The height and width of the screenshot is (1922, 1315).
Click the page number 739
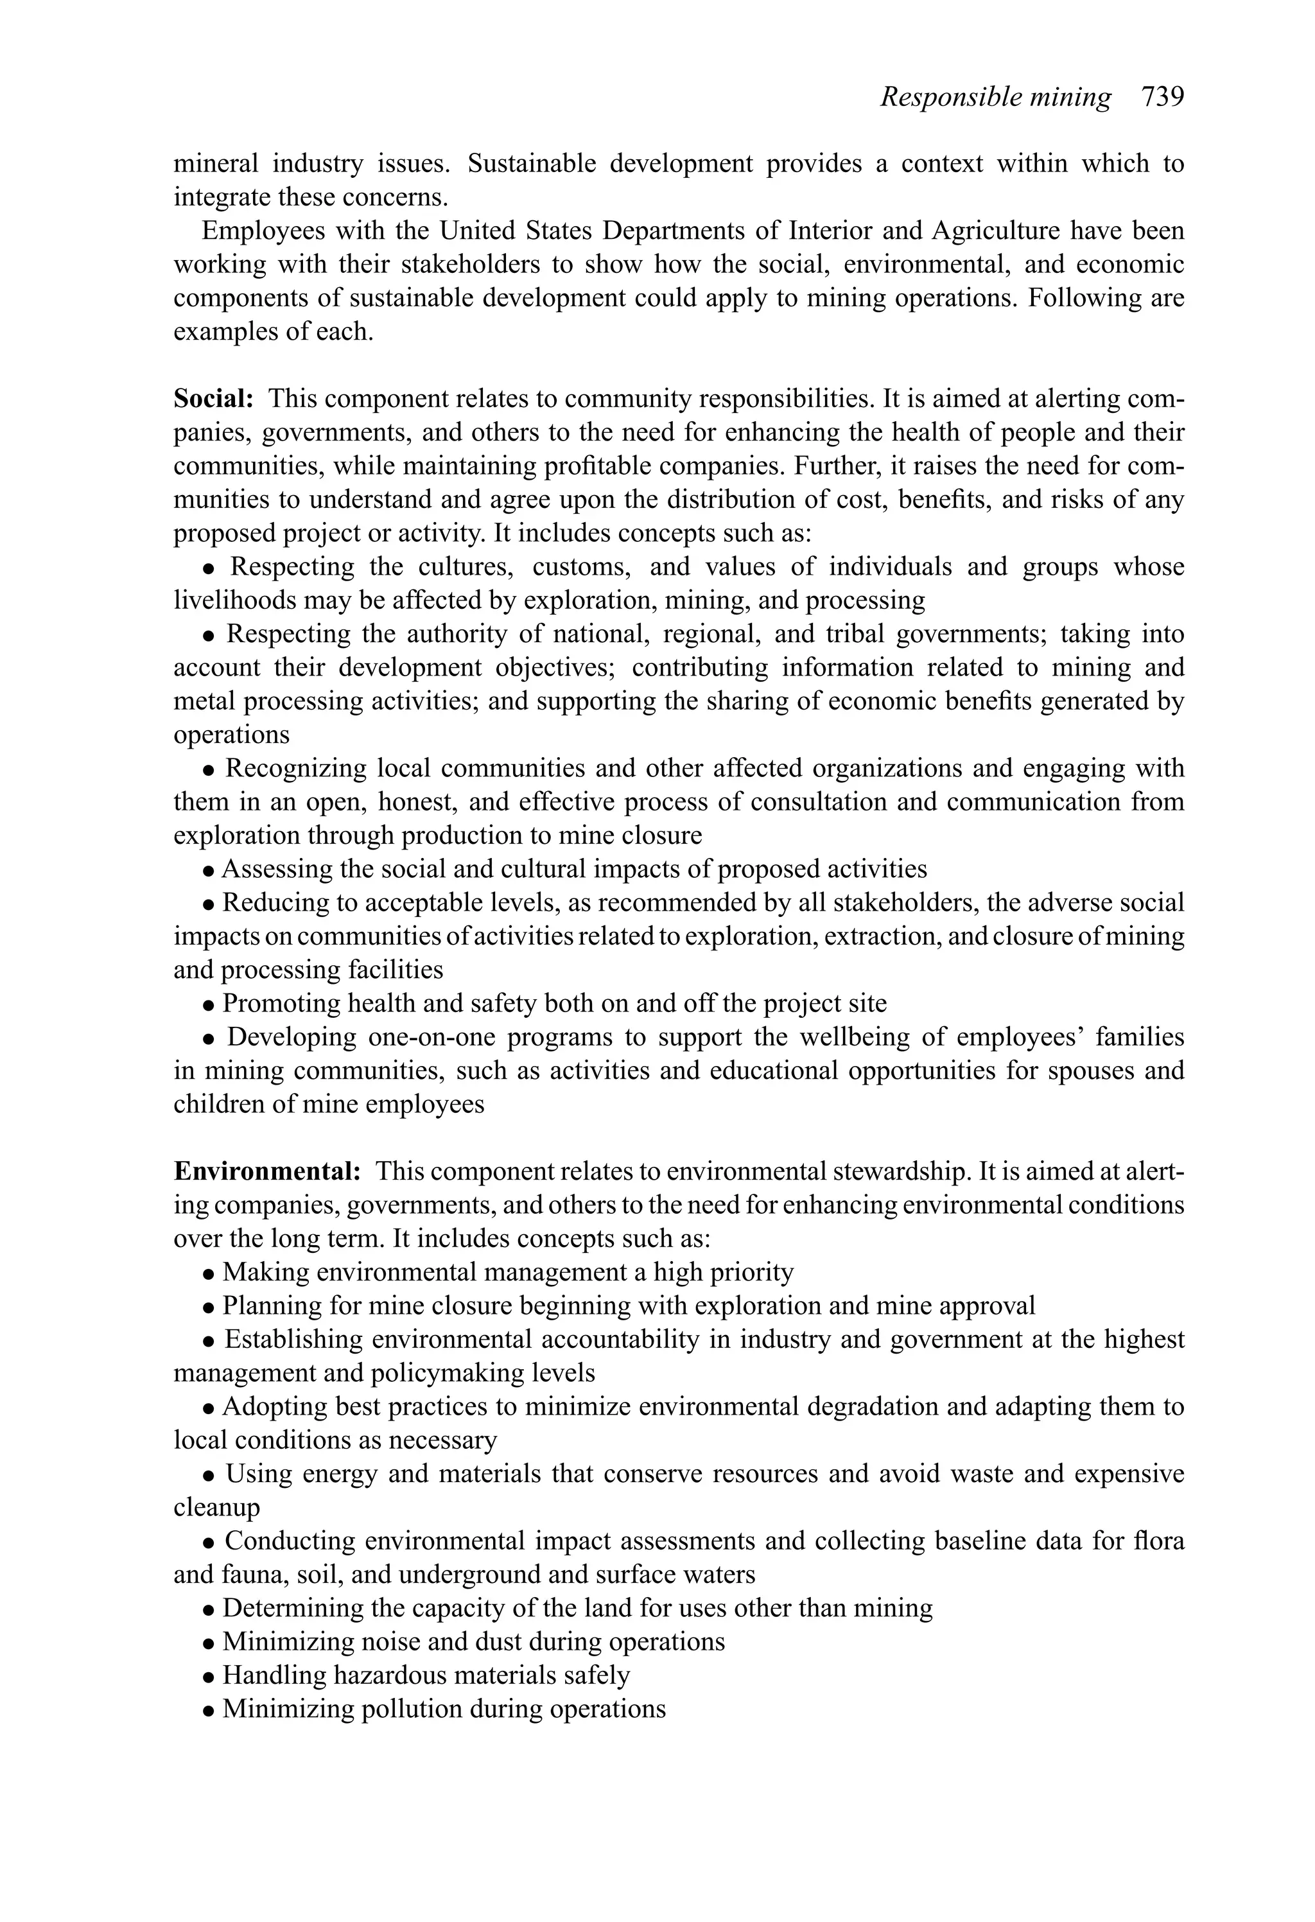[x=1162, y=97]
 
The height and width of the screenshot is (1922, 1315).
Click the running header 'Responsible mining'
[x=995, y=97]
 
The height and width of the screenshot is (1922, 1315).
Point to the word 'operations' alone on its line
[x=232, y=735]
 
